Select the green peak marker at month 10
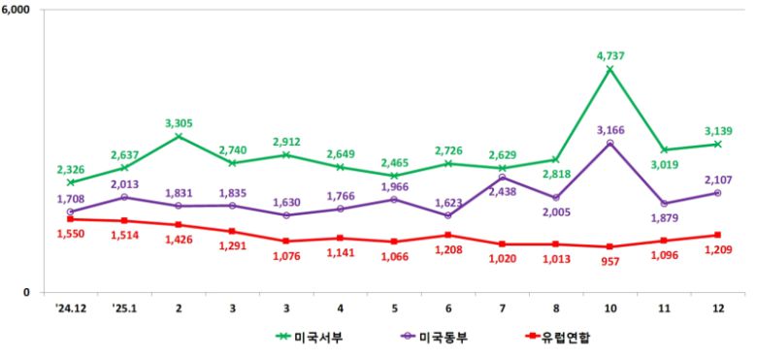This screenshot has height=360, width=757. pyautogui.click(x=609, y=70)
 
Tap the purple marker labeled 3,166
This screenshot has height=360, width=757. pyautogui.click(x=609, y=144)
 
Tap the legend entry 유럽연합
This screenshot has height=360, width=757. pyautogui.click(x=561, y=338)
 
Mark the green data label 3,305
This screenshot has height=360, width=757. pyautogui.click(x=180, y=123)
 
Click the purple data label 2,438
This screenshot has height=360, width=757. pyautogui.click(x=502, y=192)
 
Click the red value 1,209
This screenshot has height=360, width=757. pyautogui.click(x=717, y=250)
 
